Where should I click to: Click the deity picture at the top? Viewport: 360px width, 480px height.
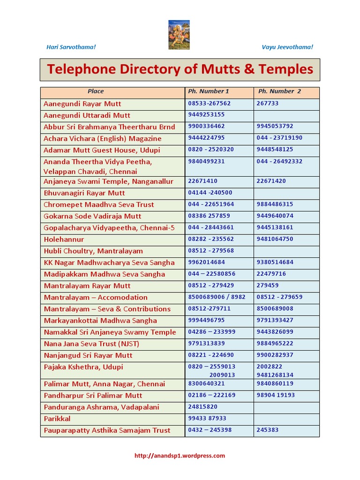click(x=179, y=34)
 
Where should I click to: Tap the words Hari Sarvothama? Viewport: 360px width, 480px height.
click(x=71, y=47)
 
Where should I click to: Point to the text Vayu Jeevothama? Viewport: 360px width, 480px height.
click(x=287, y=47)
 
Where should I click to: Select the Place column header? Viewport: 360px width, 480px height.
click(x=96, y=91)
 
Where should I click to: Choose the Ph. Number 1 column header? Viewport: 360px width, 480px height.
click(x=209, y=91)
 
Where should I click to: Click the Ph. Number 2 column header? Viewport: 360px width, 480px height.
click(x=280, y=91)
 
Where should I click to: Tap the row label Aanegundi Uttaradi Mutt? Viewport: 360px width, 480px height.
click(x=87, y=115)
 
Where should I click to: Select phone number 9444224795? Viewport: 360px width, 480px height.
click(x=206, y=138)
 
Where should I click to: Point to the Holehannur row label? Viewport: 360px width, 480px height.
click(x=64, y=240)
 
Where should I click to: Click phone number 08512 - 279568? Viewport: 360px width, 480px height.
click(x=211, y=251)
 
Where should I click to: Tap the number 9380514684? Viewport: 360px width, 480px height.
click(x=275, y=262)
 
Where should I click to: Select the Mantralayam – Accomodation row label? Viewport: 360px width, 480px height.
click(x=96, y=298)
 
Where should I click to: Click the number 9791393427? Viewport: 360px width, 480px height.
click(x=275, y=321)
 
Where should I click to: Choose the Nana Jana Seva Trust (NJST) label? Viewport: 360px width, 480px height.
click(x=91, y=344)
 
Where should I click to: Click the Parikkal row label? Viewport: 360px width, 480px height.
click(x=57, y=419)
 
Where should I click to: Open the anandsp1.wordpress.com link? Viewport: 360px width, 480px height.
click(x=180, y=456)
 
